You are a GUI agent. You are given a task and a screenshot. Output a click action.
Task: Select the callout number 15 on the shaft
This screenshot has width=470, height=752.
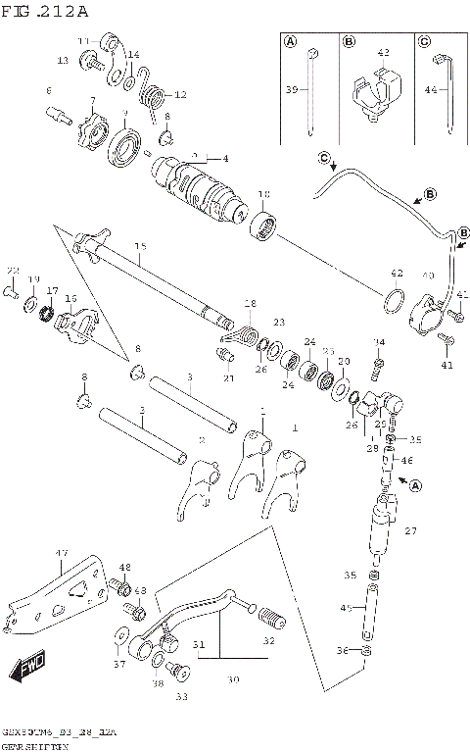(x=140, y=246)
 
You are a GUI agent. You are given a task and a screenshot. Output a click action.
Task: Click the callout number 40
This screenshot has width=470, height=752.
(x=428, y=276)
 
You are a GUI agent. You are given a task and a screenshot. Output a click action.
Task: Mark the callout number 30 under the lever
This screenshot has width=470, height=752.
(x=234, y=678)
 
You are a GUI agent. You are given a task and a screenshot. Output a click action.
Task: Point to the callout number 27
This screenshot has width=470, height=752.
(x=410, y=530)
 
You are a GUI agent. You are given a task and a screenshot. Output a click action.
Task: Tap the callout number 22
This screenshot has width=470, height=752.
(x=13, y=270)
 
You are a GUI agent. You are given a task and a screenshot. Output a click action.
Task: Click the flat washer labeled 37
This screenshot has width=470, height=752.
(x=119, y=648)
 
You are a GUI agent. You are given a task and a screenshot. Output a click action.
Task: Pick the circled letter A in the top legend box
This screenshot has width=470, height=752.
(x=290, y=41)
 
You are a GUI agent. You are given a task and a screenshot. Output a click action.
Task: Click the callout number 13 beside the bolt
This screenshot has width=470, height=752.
(x=62, y=61)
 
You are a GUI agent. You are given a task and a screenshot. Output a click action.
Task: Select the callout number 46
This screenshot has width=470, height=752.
(x=407, y=459)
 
